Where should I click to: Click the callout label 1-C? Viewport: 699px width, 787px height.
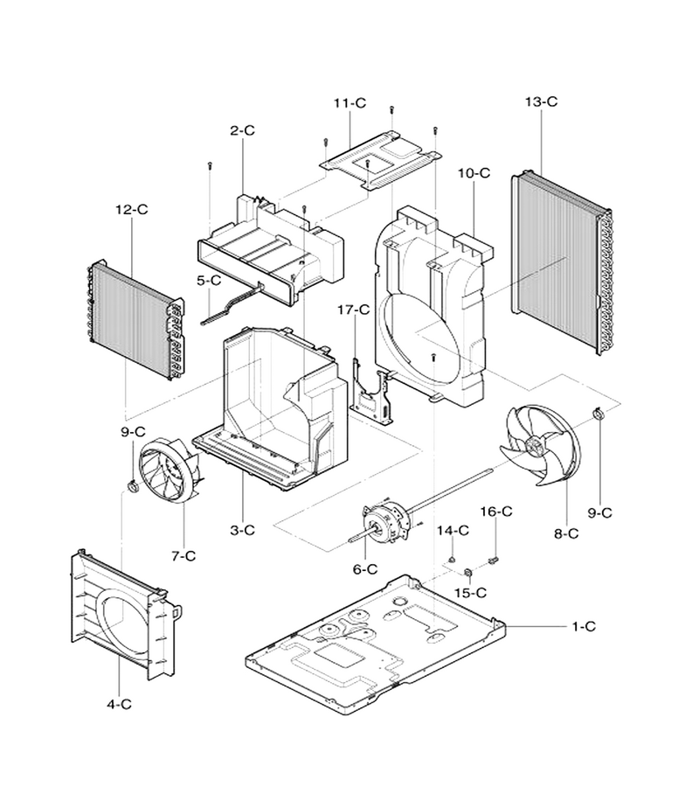click(584, 626)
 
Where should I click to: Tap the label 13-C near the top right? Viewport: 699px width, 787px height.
click(541, 101)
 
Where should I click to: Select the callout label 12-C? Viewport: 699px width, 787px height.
click(132, 209)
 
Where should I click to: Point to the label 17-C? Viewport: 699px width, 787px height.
click(354, 310)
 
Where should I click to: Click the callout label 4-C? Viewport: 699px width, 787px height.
click(119, 704)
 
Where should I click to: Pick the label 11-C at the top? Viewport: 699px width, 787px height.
click(350, 103)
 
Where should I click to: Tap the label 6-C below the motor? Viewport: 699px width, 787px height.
click(365, 569)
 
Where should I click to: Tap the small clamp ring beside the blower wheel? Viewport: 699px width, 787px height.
click(133, 485)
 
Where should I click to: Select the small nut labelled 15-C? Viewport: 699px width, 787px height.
click(468, 572)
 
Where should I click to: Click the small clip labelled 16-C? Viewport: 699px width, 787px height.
click(495, 559)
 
